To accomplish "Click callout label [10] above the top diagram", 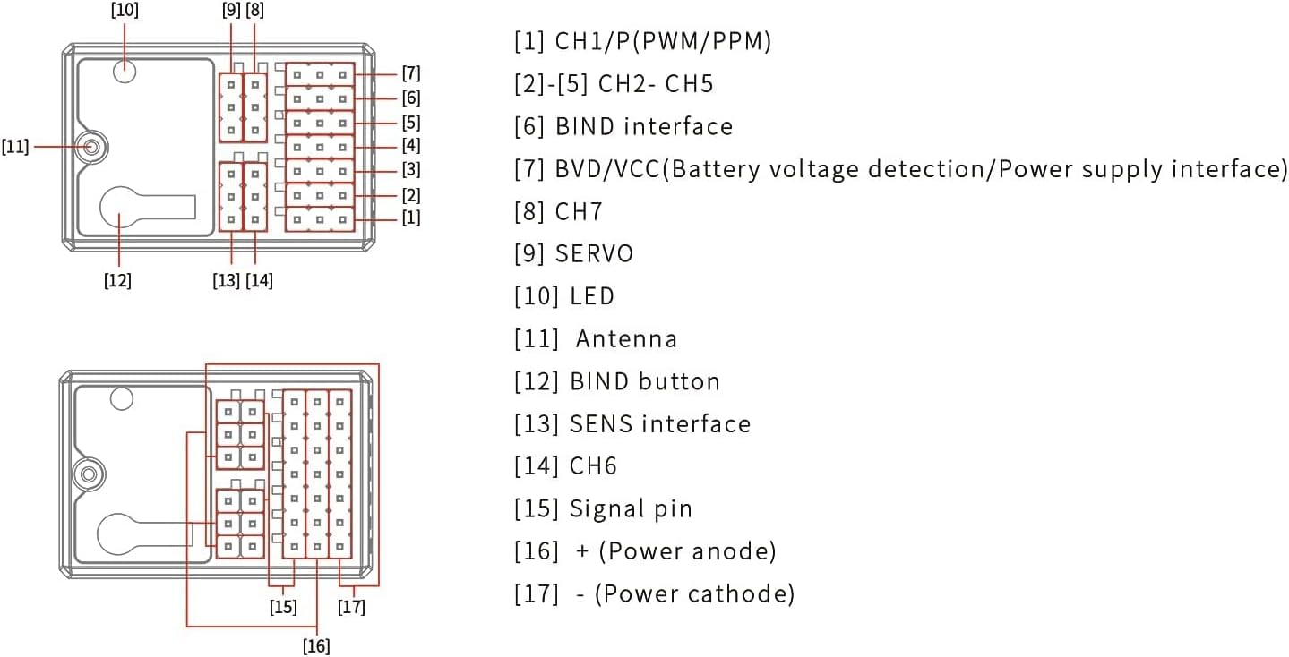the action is tap(125, 11).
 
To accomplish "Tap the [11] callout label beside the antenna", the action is tap(15, 147).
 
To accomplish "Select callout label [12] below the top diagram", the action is tap(117, 280).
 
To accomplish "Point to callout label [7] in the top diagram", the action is tap(411, 73).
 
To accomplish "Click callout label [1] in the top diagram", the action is tap(411, 218).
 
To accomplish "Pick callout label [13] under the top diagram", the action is tap(226, 280).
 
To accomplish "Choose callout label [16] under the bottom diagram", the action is tap(316, 646).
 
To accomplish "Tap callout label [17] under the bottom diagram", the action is tap(351, 606).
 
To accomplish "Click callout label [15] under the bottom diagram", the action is tap(283, 606).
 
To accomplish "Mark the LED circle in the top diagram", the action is tap(125, 72).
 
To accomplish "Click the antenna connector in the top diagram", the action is tap(91, 147).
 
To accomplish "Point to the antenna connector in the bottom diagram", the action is tap(89, 474).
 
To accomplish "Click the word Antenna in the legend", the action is tap(626, 339).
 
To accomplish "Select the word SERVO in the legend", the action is tap(595, 253).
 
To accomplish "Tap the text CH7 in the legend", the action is tap(579, 211).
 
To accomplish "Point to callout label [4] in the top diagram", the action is tap(411, 145).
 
